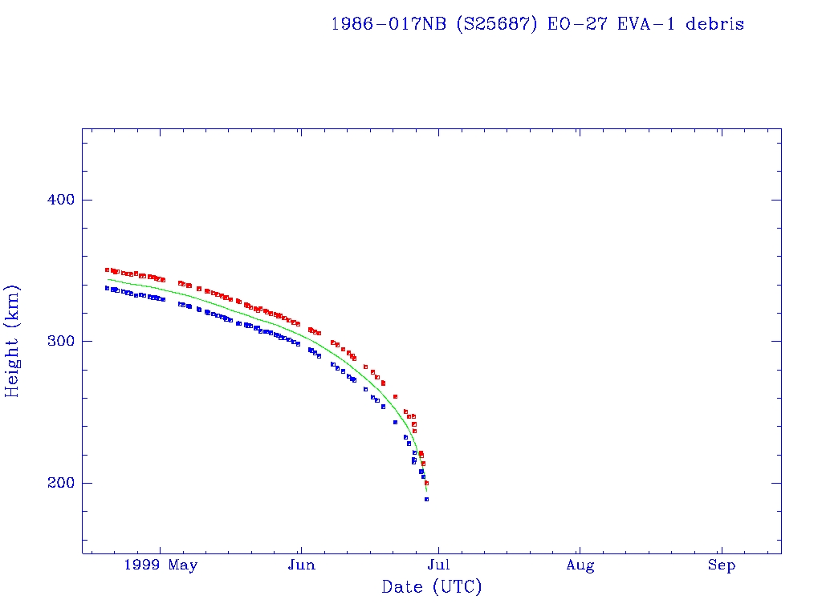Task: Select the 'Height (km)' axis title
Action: [x=13, y=341]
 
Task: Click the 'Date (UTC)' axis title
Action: [x=432, y=587]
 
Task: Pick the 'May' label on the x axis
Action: [x=184, y=566]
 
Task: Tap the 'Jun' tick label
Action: [x=301, y=566]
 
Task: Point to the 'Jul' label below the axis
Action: [x=438, y=566]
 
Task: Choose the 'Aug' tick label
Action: [x=580, y=566]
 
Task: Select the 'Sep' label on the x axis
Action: [x=721, y=566]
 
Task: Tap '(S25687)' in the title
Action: [x=497, y=24]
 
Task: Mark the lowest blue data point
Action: [x=426, y=499]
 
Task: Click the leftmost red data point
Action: [x=107, y=269]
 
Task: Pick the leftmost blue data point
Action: [x=107, y=288]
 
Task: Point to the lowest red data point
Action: [x=426, y=483]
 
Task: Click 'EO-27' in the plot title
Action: [x=571, y=24]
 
